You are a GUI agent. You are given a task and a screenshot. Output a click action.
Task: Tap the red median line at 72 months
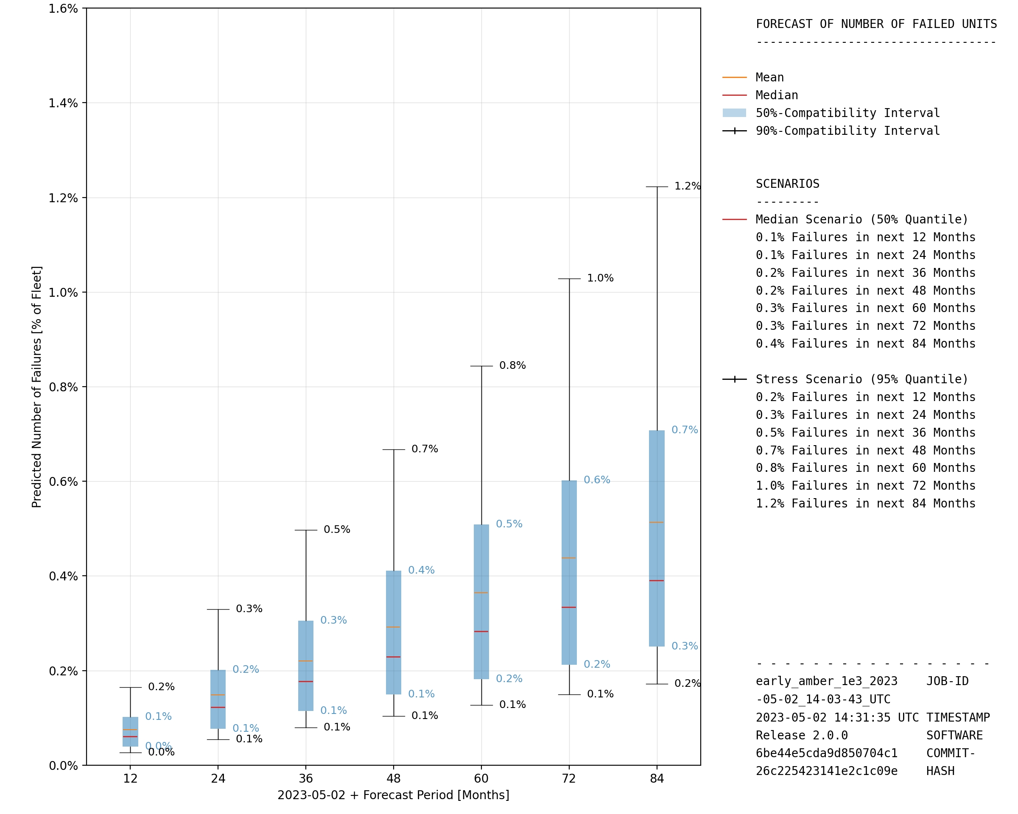click(x=569, y=607)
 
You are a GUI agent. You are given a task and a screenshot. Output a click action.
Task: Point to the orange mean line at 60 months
click(x=481, y=593)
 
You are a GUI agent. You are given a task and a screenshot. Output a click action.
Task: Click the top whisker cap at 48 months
click(x=393, y=450)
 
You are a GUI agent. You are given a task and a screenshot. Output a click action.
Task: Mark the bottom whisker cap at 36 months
click(x=305, y=728)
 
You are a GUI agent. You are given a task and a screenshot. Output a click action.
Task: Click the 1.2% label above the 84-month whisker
click(x=687, y=187)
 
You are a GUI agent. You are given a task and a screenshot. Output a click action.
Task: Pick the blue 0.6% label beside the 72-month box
click(x=597, y=480)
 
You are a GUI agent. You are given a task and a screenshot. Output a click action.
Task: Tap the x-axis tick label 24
click(x=218, y=779)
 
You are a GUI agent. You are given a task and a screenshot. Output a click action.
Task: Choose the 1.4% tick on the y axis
click(x=63, y=103)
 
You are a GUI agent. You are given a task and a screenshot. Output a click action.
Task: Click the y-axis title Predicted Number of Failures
click(x=37, y=387)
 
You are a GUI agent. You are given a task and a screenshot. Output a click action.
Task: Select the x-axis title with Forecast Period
click(x=393, y=795)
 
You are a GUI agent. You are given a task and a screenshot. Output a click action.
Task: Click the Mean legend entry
click(x=769, y=78)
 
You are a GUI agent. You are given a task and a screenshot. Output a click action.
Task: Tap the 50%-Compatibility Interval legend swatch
click(x=734, y=113)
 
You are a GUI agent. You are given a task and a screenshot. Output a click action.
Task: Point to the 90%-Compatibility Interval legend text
click(x=847, y=131)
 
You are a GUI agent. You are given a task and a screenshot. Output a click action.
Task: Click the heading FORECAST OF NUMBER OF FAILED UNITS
click(x=876, y=24)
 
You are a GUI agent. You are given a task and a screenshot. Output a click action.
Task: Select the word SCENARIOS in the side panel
click(x=787, y=184)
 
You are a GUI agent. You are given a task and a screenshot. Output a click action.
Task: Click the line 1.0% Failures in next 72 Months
click(x=865, y=485)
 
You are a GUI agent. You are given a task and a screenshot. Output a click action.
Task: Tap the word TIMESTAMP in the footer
click(x=958, y=718)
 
